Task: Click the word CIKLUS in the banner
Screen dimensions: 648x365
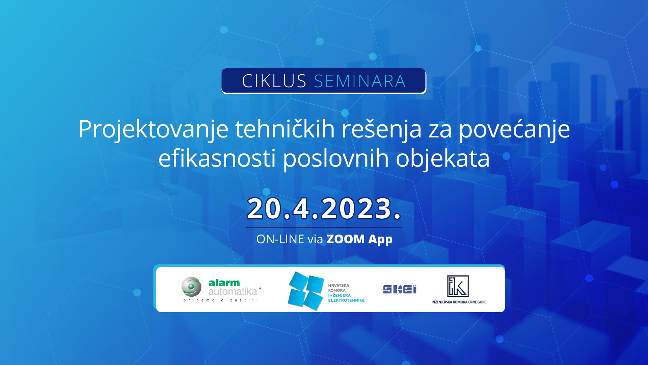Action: click(274, 81)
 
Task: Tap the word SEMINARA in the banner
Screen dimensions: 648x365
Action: click(360, 81)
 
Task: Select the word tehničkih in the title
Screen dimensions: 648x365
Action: click(285, 129)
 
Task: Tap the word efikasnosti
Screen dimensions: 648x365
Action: click(217, 158)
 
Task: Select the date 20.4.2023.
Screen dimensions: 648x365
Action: click(324, 209)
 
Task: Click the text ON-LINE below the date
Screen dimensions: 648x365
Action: click(280, 239)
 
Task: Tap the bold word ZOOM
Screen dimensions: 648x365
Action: click(346, 239)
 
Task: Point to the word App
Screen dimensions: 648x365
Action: click(380, 240)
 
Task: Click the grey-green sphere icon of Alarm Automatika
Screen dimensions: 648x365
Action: click(191, 287)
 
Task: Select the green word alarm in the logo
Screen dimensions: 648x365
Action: click(224, 283)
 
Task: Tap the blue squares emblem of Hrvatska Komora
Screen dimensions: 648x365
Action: click(306, 291)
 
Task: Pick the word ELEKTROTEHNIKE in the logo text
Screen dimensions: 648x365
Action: click(346, 300)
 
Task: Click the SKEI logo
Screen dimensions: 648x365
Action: click(400, 290)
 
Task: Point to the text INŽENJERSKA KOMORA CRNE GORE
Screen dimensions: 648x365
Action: click(459, 302)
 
